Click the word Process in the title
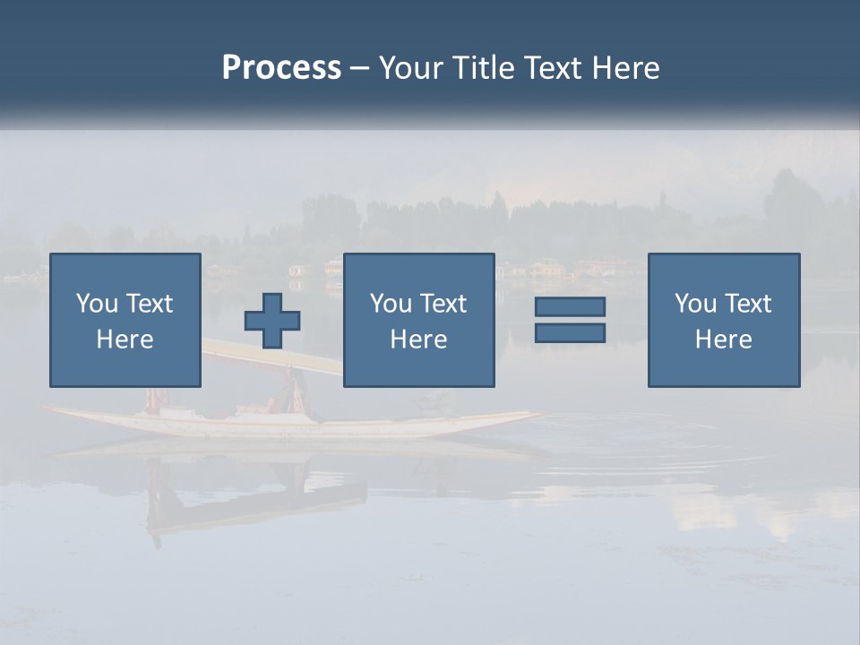pyautogui.click(x=281, y=68)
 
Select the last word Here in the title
pyautogui.click(x=626, y=68)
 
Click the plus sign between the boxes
pyautogui.click(x=272, y=321)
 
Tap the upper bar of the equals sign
pyautogui.click(x=570, y=306)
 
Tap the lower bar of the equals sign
pyautogui.click(x=570, y=332)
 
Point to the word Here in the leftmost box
pyautogui.click(x=125, y=340)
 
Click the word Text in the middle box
pyautogui.click(x=443, y=304)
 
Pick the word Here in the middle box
pyautogui.click(x=419, y=340)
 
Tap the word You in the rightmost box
pyautogui.click(x=695, y=304)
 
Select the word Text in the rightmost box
pyautogui.click(x=747, y=304)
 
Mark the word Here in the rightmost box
pyautogui.click(x=724, y=340)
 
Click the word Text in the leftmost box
pyautogui.click(x=149, y=304)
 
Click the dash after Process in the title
pyautogui.click(x=360, y=68)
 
